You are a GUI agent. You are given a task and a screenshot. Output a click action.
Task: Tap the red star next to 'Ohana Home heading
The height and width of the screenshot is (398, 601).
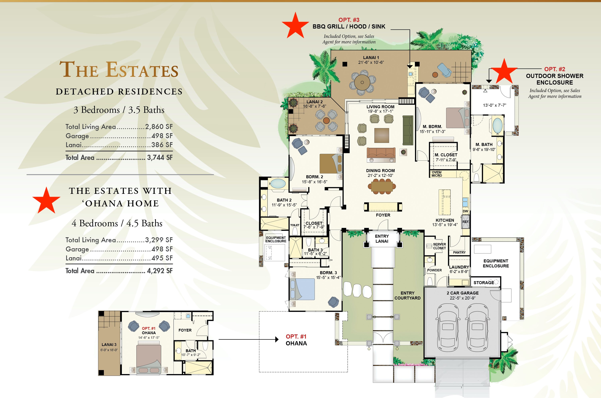[x=46, y=201]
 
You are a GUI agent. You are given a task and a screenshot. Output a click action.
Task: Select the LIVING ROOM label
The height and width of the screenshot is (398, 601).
[x=380, y=107]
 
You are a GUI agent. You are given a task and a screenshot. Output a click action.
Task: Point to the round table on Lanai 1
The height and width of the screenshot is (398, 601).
[x=362, y=82]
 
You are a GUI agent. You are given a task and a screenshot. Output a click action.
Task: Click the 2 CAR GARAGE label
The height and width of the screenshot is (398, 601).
[x=462, y=293]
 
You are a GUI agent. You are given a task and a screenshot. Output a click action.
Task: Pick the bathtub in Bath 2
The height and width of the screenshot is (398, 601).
[x=278, y=183]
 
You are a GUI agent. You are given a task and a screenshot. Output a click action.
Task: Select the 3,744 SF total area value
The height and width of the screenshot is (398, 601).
[x=160, y=157]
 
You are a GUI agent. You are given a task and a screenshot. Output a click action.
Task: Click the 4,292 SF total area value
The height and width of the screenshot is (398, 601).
[x=160, y=271]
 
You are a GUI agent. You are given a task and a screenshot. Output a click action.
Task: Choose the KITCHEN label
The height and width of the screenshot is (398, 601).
[x=445, y=220]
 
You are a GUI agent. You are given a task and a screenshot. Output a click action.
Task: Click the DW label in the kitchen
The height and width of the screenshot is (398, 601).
[x=465, y=211]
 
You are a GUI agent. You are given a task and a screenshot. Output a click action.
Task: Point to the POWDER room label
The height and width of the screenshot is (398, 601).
[x=434, y=270]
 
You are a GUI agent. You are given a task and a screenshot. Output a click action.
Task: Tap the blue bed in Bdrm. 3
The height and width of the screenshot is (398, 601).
[x=302, y=289]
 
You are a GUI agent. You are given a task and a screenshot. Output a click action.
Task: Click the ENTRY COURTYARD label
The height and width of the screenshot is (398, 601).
[x=407, y=296]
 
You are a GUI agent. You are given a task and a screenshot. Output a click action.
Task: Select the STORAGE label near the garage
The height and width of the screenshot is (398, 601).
[x=484, y=283]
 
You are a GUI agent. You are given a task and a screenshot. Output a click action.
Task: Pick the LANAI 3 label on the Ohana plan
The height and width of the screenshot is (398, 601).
[x=109, y=344]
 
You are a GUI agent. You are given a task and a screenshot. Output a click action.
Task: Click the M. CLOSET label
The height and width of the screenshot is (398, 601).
[x=446, y=155]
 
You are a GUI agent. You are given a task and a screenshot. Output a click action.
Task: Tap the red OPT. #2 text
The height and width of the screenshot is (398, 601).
[x=555, y=69]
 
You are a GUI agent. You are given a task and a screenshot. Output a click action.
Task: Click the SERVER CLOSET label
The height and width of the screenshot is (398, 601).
[x=439, y=246]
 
